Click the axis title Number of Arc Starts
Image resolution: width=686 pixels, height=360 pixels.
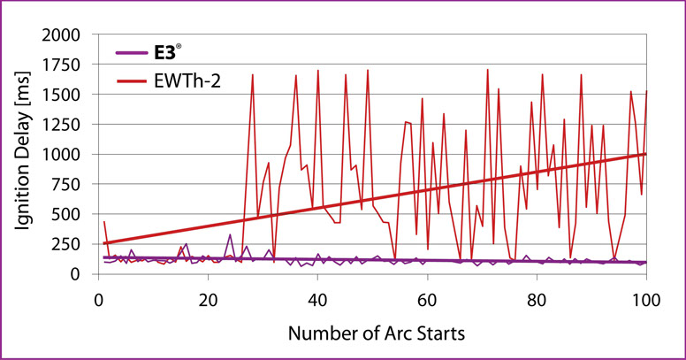[x=375, y=335]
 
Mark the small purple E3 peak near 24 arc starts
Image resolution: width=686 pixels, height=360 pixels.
[x=230, y=235]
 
